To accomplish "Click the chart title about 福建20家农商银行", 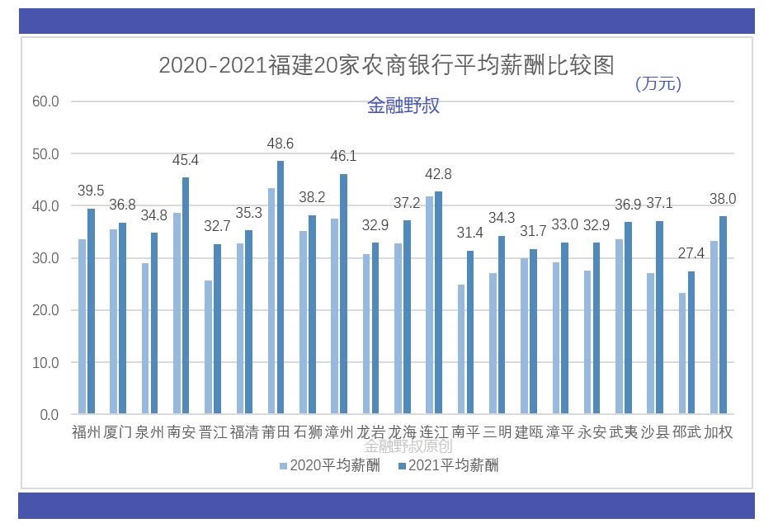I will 386,66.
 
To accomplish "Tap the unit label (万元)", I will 658,83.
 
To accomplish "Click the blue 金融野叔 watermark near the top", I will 403,106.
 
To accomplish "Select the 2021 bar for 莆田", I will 281,287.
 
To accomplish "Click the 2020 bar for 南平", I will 462,349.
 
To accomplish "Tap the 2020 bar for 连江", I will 430,305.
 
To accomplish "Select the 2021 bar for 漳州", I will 343,294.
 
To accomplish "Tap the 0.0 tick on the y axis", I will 49,415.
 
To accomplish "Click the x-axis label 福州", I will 86,432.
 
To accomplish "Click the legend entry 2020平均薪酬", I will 330,465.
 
